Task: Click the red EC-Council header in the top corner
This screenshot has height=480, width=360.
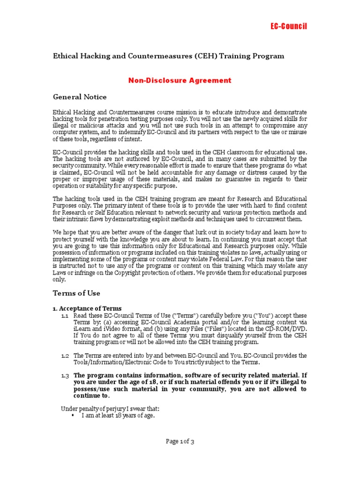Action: pos(289,26)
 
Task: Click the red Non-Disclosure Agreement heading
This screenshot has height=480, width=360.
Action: pos(180,80)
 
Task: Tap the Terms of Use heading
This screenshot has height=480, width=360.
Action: pos(76,293)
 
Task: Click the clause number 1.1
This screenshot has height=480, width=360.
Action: pos(65,316)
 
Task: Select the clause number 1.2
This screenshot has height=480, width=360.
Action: pos(65,355)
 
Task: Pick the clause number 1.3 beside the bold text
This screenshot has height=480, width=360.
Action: pos(65,375)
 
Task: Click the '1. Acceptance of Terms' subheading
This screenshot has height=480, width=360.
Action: pos(87,308)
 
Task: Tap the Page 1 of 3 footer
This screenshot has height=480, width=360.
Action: pos(180,441)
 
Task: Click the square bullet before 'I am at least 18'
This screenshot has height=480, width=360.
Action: pos(73,415)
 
